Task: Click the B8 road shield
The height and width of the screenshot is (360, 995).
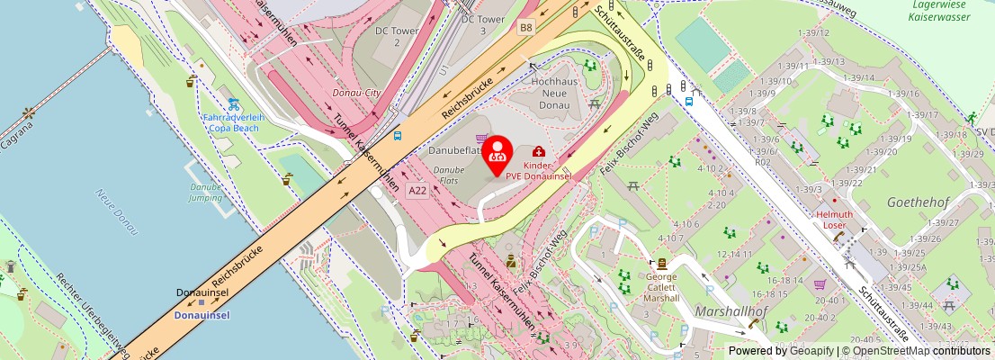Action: pyautogui.click(x=525, y=28)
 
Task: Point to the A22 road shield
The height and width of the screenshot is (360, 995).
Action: pyautogui.click(x=417, y=190)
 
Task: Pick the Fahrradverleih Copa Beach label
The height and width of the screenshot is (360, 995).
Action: pyautogui.click(x=233, y=122)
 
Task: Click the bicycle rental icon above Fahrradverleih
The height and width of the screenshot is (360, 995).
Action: pyautogui.click(x=233, y=103)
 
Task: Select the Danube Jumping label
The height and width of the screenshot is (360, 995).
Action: pyautogui.click(x=205, y=192)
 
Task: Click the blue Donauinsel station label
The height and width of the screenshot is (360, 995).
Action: pyautogui.click(x=202, y=315)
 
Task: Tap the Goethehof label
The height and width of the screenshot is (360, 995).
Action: pyautogui.click(x=914, y=202)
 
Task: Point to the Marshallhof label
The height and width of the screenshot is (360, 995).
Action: pyautogui.click(x=731, y=311)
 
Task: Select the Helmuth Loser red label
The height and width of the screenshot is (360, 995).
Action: pyautogui.click(x=834, y=220)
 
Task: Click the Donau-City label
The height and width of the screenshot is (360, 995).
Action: pyautogui.click(x=358, y=93)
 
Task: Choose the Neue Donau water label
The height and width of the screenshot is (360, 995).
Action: pyautogui.click(x=116, y=211)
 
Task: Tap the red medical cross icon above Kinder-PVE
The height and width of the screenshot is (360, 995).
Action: pyautogui.click(x=538, y=151)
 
